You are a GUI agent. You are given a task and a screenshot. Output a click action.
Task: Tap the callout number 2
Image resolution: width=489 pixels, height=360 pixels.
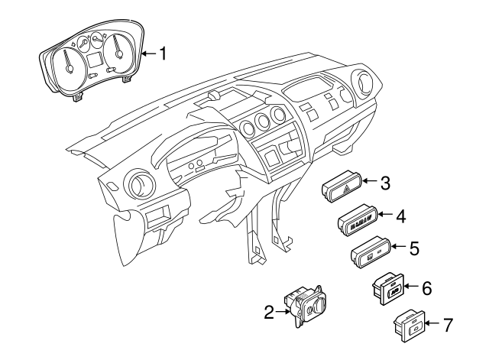(x=269, y=312)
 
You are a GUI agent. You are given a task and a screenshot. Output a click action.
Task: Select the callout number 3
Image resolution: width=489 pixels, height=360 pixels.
(x=386, y=183)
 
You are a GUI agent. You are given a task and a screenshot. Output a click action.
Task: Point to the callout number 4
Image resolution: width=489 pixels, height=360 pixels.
(x=399, y=216)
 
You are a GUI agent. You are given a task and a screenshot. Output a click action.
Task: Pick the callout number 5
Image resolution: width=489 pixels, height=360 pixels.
(x=413, y=248)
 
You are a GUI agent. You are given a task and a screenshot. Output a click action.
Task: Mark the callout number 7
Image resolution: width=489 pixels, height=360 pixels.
(x=448, y=324)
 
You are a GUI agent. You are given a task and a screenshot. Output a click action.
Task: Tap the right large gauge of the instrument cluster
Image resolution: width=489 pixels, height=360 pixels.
(x=120, y=50)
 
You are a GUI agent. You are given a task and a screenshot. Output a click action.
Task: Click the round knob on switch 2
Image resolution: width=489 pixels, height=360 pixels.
(x=316, y=311)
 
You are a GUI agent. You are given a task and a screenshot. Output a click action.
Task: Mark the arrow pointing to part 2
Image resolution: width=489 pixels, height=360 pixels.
(x=282, y=312)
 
